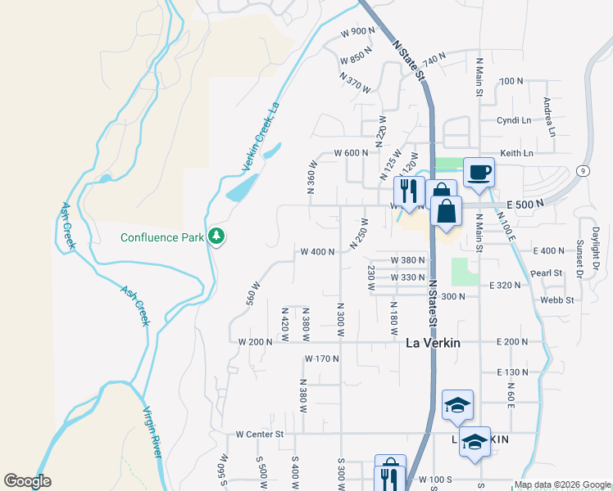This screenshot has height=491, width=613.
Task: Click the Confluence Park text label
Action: [161, 238]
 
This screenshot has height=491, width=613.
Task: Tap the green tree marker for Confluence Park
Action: [216, 236]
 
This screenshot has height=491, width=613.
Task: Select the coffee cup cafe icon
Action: [479, 173]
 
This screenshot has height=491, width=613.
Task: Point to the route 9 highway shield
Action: [580, 170]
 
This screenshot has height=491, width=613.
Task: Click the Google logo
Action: [27, 481]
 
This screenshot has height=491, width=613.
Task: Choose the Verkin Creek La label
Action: [261, 137]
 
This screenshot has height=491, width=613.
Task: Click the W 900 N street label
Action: [357, 31]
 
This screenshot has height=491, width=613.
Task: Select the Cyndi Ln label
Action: [514, 119]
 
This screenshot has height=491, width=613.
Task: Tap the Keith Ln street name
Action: [516, 153]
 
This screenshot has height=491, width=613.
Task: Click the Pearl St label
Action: [547, 273]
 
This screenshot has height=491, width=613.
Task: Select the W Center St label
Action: [259, 434]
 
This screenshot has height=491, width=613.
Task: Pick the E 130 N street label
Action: [513, 372]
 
